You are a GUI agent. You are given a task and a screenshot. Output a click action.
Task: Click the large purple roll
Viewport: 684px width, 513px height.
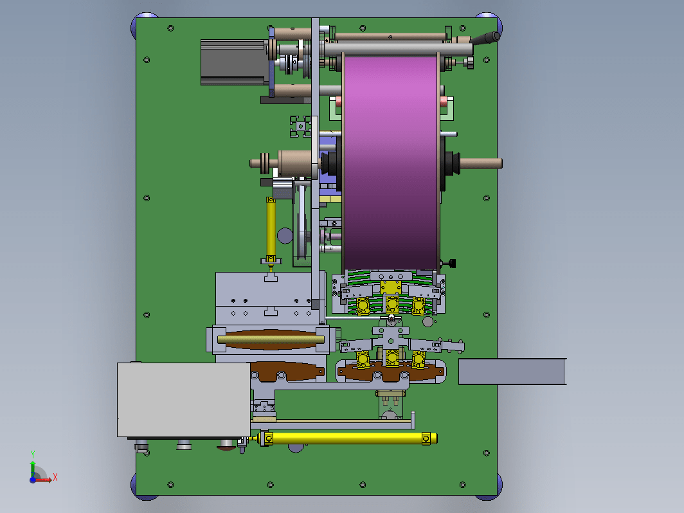[391, 162]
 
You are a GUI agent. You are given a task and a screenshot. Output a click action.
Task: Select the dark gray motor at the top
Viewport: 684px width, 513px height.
[233, 62]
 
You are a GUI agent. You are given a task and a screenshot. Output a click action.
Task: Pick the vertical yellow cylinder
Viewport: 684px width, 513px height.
[271, 229]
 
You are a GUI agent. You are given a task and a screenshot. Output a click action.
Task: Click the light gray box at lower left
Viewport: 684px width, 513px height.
[184, 400]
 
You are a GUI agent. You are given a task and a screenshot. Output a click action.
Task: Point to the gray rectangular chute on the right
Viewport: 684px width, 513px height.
[512, 372]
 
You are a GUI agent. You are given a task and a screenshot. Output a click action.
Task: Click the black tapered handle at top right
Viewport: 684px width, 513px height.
[485, 39]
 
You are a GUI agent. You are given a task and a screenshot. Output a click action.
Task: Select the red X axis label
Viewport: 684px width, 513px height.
[55, 477]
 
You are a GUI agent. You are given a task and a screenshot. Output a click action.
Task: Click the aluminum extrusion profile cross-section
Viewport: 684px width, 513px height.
[301, 127]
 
